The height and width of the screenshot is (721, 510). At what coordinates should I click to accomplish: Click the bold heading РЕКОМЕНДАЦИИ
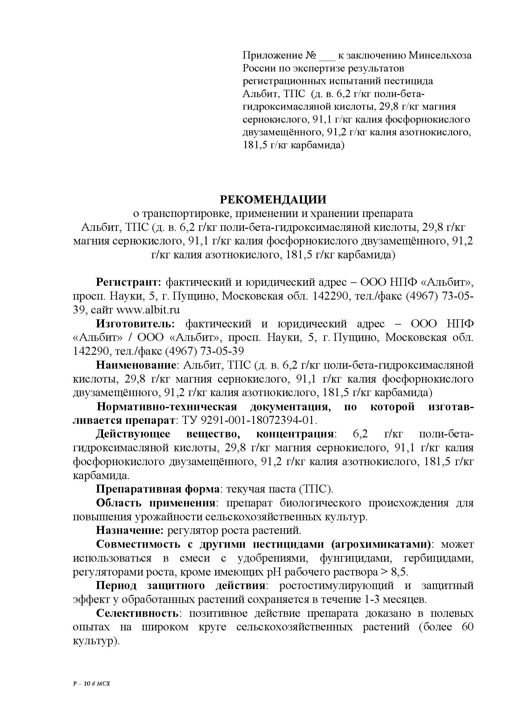click(273, 199)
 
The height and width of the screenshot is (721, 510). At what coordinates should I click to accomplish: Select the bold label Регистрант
click(128, 282)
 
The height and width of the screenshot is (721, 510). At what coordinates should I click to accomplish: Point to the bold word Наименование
click(136, 365)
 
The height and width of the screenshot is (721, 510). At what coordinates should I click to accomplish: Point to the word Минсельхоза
click(440, 55)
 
